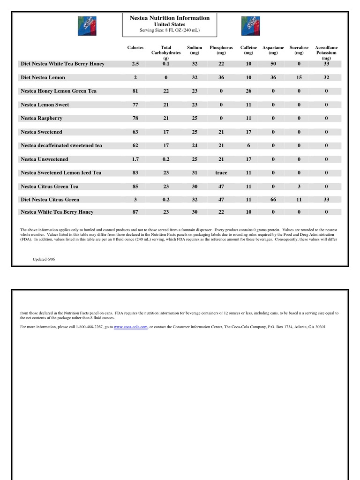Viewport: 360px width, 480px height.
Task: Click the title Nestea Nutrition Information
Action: point(170,18)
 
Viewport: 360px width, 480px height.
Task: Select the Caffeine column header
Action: point(248,50)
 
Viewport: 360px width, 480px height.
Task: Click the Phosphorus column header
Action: point(221,50)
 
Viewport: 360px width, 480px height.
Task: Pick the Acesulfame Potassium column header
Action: point(326,52)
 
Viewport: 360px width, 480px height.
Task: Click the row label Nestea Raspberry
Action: point(42,118)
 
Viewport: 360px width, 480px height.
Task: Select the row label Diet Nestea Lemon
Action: point(43,77)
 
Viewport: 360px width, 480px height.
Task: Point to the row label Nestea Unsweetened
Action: point(45,159)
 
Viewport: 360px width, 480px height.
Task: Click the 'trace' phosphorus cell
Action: point(221,172)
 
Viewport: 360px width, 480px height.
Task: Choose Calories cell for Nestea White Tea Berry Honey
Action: point(135,212)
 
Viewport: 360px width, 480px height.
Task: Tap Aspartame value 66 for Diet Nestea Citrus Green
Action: point(273,199)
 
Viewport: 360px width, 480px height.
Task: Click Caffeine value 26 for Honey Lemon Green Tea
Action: point(248,91)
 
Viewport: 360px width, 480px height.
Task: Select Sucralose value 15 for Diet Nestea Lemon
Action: point(299,77)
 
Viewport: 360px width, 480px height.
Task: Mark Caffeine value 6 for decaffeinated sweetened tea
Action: point(248,145)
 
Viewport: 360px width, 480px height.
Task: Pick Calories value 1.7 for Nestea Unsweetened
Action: point(135,159)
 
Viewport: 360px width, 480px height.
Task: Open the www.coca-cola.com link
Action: point(131,327)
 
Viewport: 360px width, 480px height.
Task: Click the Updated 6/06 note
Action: point(44,259)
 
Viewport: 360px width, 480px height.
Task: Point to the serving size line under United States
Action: point(170,30)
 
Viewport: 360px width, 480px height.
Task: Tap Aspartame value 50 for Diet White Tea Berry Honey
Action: point(273,64)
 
